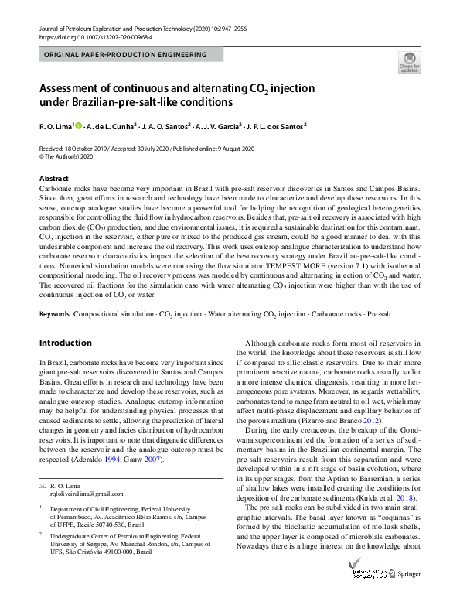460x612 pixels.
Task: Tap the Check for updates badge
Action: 409,62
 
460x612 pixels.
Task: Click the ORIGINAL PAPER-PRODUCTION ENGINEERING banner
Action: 126,55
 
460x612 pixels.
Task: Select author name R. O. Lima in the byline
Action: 56,125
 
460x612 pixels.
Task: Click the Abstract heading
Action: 53,178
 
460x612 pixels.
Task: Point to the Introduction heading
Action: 65,343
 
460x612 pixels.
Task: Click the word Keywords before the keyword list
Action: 54,315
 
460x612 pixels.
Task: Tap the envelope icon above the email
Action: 43,484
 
